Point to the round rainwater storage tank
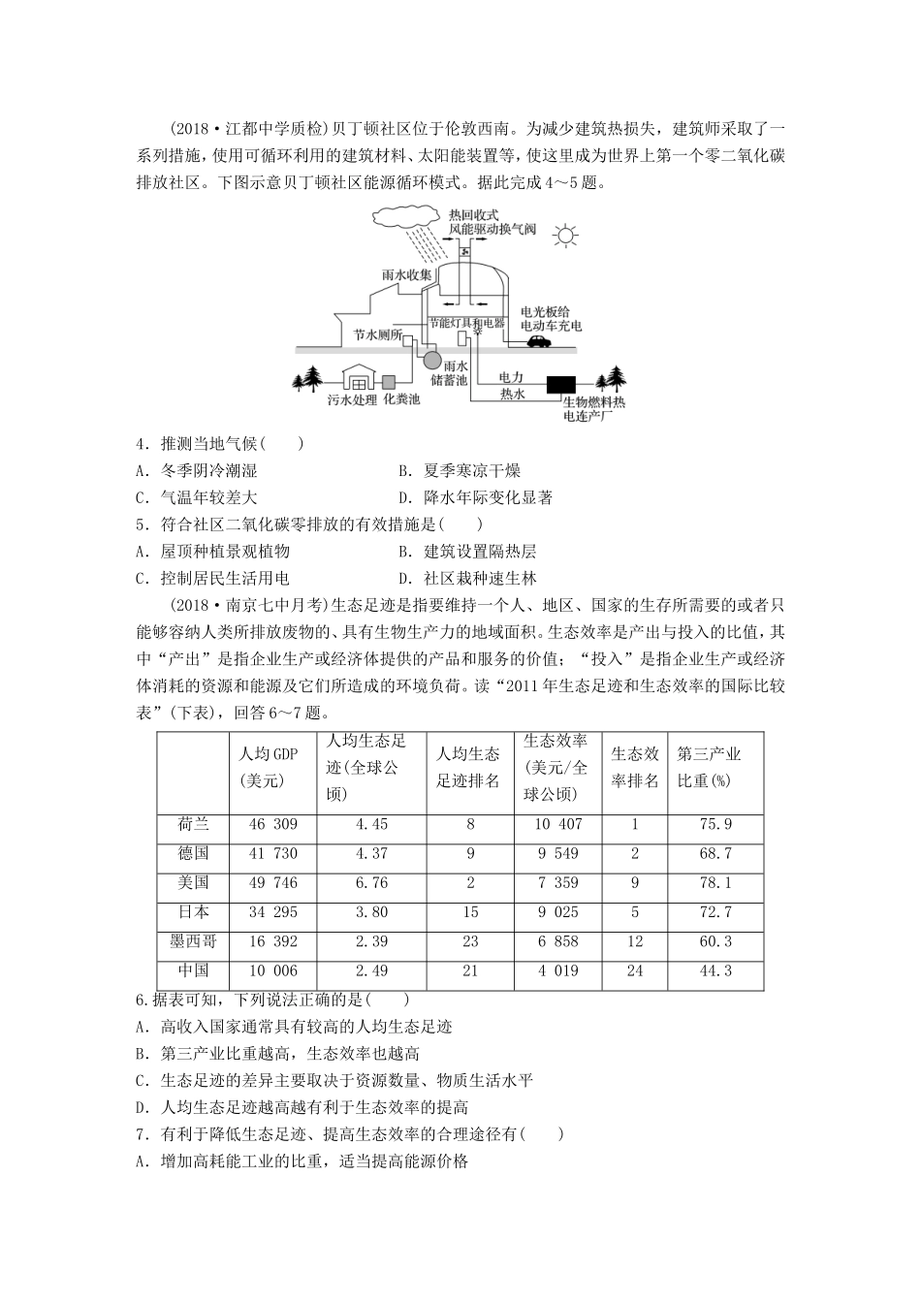[x=429, y=359]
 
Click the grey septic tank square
[x=390, y=382]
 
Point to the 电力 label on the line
[x=512, y=376]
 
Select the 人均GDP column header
[x=269, y=768]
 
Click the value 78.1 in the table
[x=715, y=883]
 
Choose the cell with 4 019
[x=556, y=971]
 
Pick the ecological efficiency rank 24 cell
[x=635, y=971]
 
